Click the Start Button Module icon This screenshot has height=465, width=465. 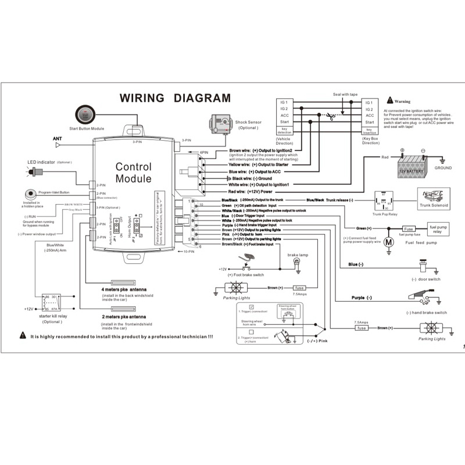pyautogui.click(x=85, y=115)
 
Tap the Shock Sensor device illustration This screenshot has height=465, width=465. pyautogui.click(x=220, y=121)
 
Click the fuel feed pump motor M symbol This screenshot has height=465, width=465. pyautogui.click(x=391, y=240)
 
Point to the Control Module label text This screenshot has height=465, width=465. pyautogui.click(x=133, y=172)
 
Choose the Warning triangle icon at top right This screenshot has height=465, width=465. pyautogui.click(x=389, y=101)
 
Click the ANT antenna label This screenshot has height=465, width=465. pyautogui.click(x=58, y=138)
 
